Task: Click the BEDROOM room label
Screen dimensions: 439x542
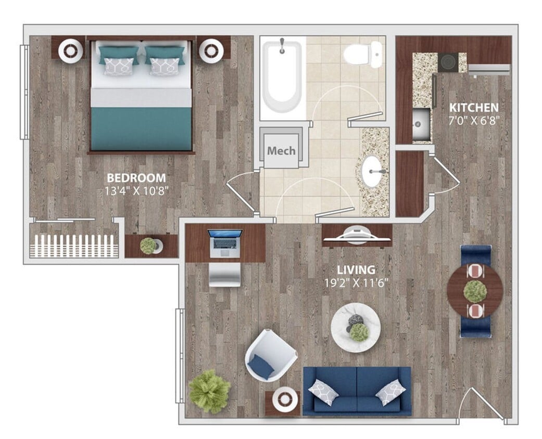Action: pos(135,177)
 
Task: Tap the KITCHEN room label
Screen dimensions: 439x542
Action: pos(474,108)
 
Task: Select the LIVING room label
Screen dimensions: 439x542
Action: pos(356,270)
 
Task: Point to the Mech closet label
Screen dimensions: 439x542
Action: pos(281,151)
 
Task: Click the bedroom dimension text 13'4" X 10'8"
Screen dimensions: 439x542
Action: pos(136,190)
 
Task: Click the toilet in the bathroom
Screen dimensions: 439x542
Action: pos(362,54)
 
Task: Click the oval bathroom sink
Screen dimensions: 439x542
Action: pos(372,171)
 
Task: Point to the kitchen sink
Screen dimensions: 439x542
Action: pos(421,124)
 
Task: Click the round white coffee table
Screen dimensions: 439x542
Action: pos(356,327)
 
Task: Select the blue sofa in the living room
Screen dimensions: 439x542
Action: pos(357,391)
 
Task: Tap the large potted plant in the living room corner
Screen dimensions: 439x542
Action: pos(209,391)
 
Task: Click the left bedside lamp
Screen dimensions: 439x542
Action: pos(70,51)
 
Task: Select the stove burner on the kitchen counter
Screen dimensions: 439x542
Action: pos(448,62)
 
